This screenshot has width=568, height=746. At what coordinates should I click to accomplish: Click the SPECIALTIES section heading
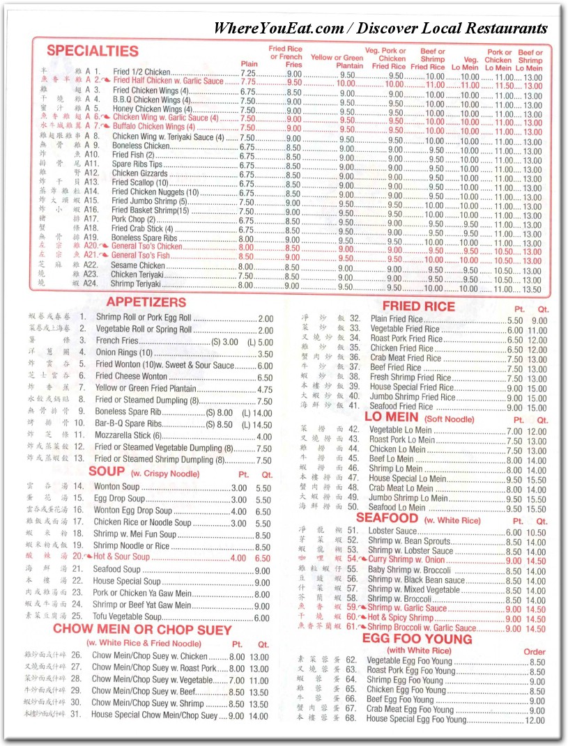(x=93, y=51)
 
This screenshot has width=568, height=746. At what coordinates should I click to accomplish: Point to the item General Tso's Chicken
(x=146, y=246)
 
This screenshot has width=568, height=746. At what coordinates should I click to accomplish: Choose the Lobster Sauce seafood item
(x=392, y=531)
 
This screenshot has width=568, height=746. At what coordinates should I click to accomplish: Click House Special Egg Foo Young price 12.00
(x=535, y=720)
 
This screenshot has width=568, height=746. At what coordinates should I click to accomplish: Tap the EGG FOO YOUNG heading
(x=417, y=639)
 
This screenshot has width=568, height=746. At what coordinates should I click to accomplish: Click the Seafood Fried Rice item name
(x=403, y=407)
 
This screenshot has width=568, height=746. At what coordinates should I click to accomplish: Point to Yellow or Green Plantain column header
(x=337, y=61)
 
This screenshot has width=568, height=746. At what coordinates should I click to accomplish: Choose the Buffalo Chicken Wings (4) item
(x=148, y=127)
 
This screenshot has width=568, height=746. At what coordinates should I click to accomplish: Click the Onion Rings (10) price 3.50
(x=265, y=354)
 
